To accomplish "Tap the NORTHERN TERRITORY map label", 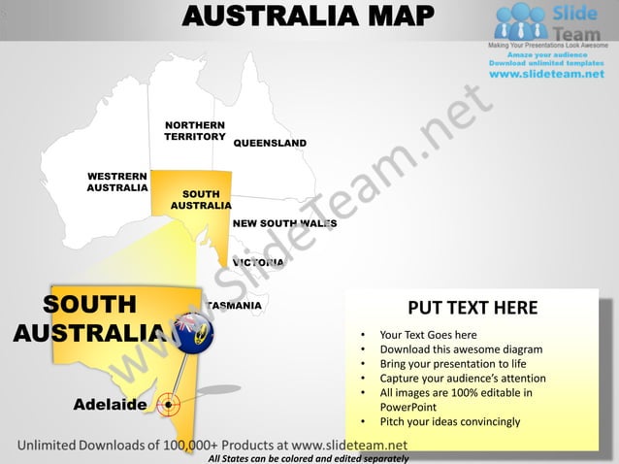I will coord(195,131).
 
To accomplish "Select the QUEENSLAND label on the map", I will coord(270,144).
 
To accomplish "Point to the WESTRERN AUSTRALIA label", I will coord(117,182).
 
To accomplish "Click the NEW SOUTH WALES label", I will coord(284,223).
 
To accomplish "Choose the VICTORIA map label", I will coord(258,262).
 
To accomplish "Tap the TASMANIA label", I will coord(235,306).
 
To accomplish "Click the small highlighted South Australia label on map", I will coord(201,200).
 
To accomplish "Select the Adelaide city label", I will coord(111,404).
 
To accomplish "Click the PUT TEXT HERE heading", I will coord(472,309).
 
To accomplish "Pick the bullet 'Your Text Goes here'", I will coord(428,335).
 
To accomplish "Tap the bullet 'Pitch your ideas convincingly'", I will coord(450,421).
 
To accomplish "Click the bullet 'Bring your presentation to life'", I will coord(452,364).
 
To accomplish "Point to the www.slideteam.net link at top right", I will coord(546,75).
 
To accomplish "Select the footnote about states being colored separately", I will coord(309,458).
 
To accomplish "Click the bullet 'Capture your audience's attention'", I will coord(463,379).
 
